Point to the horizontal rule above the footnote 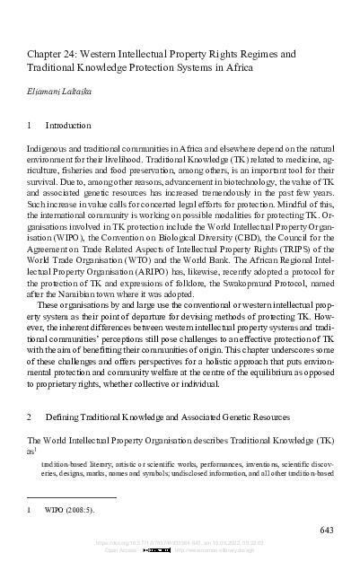[72, 497]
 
